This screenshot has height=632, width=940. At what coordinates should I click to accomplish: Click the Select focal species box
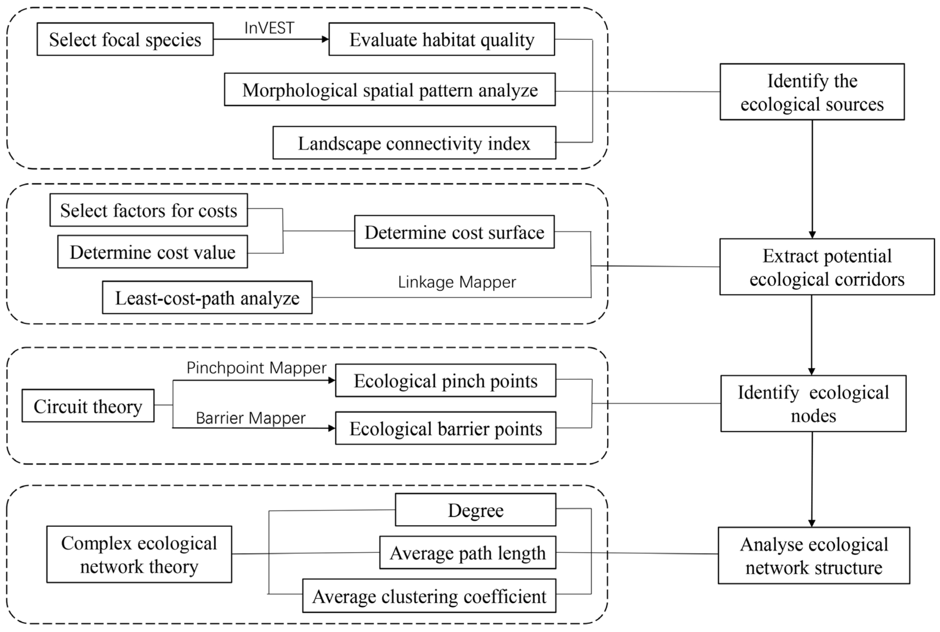pyautogui.click(x=125, y=39)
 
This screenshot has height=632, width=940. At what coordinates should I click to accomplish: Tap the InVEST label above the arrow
pyautogui.click(x=269, y=28)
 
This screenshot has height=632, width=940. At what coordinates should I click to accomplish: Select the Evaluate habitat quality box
pyautogui.click(x=442, y=39)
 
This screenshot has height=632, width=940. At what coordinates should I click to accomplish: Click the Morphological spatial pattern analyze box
pyautogui.click(x=390, y=90)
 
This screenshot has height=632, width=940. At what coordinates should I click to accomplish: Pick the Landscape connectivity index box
pyautogui.click(x=414, y=143)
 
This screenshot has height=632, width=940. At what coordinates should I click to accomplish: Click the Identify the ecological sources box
pyautogui.click(x=812, y=92)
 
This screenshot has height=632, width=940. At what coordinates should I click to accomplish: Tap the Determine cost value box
pyautogui.click(x=152, y=252)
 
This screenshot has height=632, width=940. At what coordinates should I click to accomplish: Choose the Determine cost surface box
pyautogui.click(x=454, y=232)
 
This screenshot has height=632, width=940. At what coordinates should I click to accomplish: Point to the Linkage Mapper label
pyautogui.click(x=456, y=282)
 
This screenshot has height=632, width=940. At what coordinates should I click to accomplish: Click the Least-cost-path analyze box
pyautogui.click(x=207, y=298)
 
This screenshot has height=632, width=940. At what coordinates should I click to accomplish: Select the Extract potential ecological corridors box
pyautogui.click(x=827, y=267)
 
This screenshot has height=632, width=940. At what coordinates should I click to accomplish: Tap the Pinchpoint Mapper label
pyautogui.click(x=256, y=368)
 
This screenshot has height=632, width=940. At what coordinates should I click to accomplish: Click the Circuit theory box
pyautogui.click(x=88, y=406)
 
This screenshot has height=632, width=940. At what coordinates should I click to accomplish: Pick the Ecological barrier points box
pyautogui.click(x=446, y=428)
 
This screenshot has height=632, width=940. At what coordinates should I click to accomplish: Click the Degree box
pyautogui.click(x=475, y=510)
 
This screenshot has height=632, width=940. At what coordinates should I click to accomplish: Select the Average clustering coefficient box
pyautogui.click(x=429, y=596)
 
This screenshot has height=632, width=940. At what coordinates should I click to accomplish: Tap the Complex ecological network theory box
pyautogui.click(x=139, y=554)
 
